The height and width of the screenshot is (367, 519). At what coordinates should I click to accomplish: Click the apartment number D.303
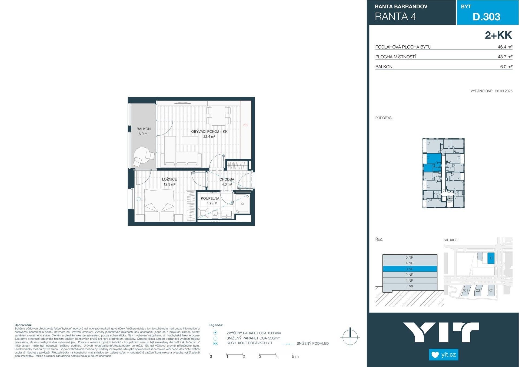486,17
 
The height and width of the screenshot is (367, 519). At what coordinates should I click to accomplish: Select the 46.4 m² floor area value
505,47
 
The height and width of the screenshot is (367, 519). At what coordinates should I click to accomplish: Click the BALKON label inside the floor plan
144,129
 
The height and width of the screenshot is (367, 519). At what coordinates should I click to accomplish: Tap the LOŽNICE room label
169,179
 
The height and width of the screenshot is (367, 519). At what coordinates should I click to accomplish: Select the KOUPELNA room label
210,198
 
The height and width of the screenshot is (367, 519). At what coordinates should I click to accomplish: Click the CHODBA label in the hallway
227,179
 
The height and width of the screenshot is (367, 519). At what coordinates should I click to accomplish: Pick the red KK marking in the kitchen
245,125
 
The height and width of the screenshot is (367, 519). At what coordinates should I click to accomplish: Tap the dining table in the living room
218,116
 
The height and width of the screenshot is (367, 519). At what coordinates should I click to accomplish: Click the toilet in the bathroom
215,213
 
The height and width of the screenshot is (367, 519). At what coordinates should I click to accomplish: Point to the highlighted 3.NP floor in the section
410,269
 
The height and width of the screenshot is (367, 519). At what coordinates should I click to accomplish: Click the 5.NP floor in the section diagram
410,258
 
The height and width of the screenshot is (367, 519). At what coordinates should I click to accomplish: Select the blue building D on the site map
491,258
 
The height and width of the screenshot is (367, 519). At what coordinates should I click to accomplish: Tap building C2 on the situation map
478,291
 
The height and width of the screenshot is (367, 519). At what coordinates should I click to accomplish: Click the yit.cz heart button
443,355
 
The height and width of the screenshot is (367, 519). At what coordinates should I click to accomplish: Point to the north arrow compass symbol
350,337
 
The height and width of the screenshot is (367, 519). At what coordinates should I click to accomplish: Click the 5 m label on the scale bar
295,356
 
